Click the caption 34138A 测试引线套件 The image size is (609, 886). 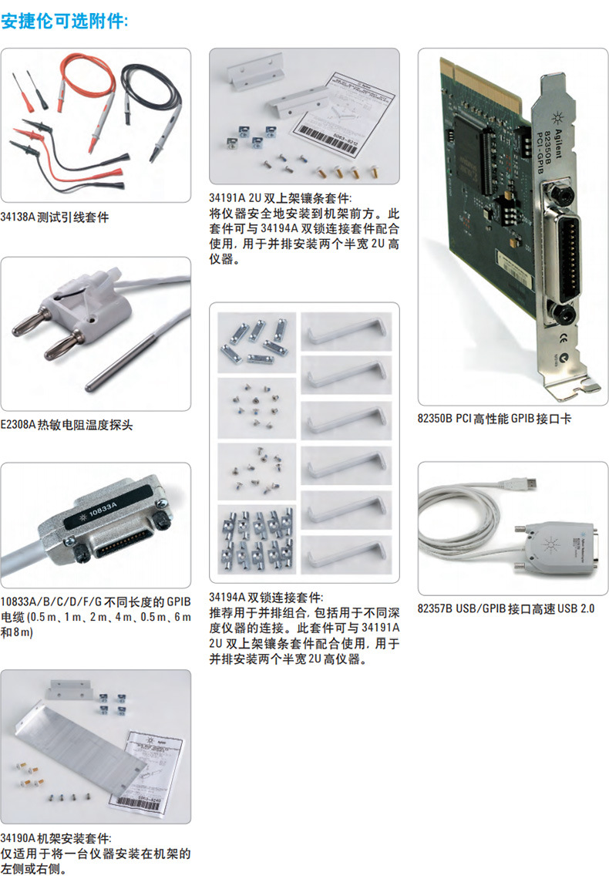[55, 217]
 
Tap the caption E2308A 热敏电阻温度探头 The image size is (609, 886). [67, 425]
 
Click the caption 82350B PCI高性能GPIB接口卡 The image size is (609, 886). [494, 419]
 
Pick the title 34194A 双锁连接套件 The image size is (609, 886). [267, 596]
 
